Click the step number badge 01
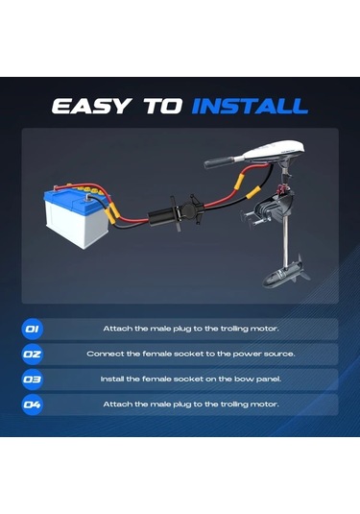click(x=33, y=329)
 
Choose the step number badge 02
click(x=33, y=354)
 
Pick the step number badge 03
click(x=33, y=379)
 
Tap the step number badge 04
click(x=33, y=404)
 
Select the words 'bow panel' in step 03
click(x=255, y=379)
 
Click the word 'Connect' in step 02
click(x=104, y=354)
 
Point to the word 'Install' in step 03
click(x=112, y=379)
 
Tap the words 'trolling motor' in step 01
click(x=251, y=329)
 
